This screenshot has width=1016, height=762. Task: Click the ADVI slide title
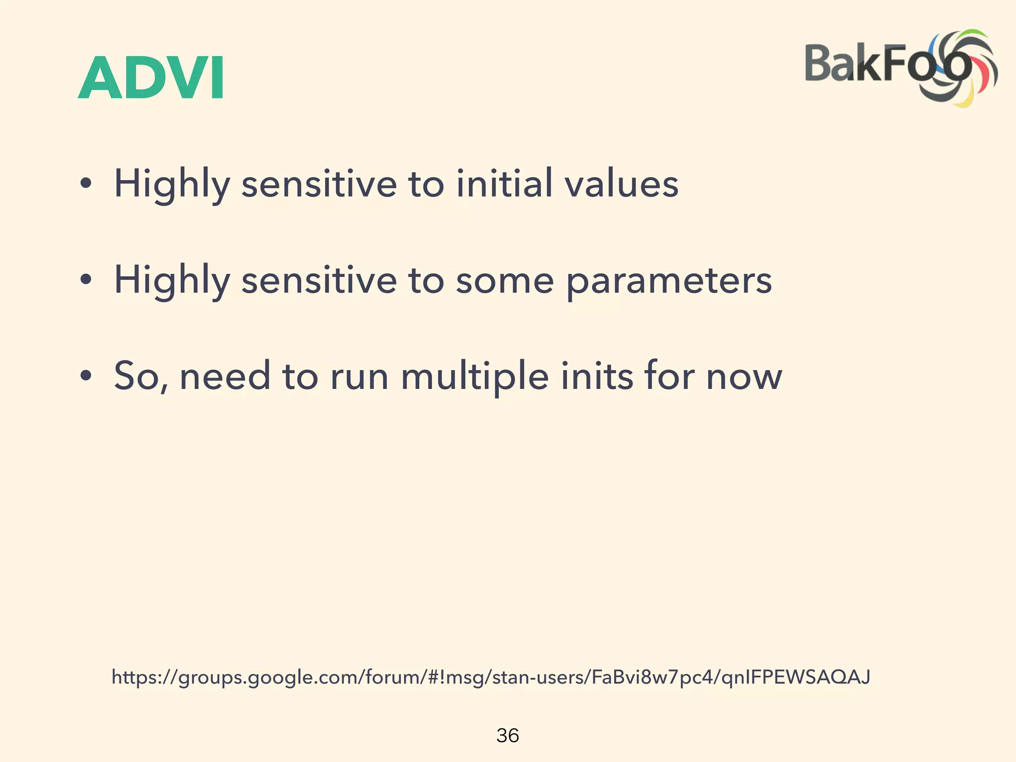[x=151, y=78]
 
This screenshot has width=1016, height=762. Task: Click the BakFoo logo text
[x=873, y=63]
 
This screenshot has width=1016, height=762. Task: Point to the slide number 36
[x=508, y=735]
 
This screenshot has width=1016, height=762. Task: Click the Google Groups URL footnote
[x=491, y=677]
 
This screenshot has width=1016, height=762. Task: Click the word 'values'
[x=622, y=183]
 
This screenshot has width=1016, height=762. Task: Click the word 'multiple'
[x=475, y=376]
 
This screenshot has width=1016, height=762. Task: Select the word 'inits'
[x=597, y=376]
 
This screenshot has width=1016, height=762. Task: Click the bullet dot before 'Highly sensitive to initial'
[x=86, y=184]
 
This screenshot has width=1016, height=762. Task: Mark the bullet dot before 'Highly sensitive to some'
[x=86, y=280]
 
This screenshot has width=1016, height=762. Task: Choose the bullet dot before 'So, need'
[x=86, y=376]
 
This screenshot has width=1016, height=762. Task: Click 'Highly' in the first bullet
[x=172, y=184]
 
